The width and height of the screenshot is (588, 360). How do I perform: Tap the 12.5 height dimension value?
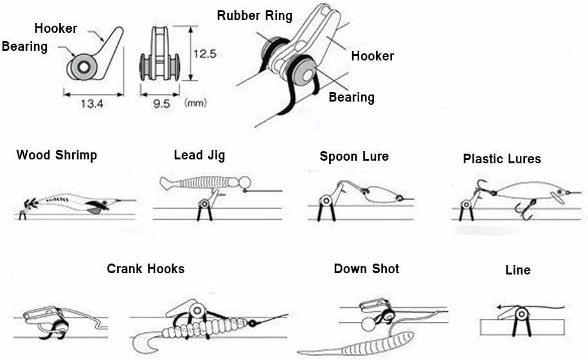point(205,54)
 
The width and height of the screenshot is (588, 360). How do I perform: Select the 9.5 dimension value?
point(161,104)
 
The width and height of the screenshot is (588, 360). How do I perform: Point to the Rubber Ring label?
point(254,15)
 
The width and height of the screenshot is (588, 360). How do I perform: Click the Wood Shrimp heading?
point(57,155)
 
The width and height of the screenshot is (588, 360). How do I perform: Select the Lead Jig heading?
point(199,155)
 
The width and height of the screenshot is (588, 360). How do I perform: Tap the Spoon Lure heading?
point(354,156)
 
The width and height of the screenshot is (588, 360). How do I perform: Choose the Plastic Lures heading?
point(502,159)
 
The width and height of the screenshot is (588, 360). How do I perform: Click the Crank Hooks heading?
point(145,269)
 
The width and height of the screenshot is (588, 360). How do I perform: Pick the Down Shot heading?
point(366,269)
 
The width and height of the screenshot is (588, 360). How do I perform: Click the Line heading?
point(518,270)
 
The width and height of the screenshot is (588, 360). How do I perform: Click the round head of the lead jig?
point(245,183)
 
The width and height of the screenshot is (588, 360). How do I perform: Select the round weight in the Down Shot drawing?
point(368,323)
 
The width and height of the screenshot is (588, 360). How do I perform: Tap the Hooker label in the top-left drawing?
point(56,28)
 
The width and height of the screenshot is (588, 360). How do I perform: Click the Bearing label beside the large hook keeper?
point(352,97)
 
